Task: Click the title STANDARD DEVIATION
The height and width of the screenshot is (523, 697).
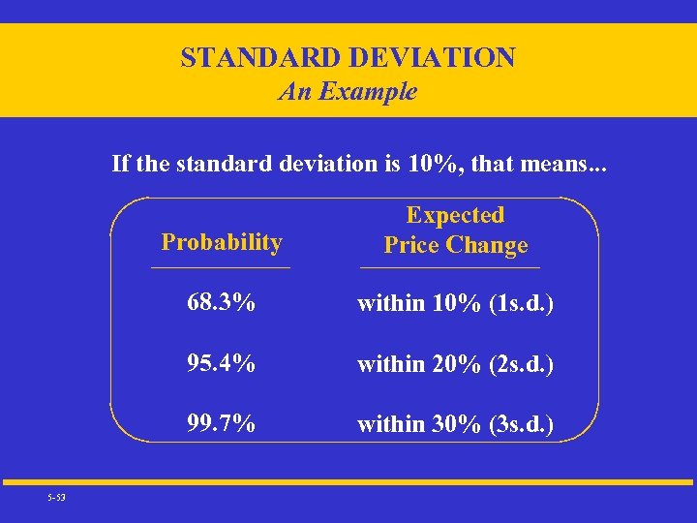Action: (x=348, y=58)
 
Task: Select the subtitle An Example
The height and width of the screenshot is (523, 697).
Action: (x=348, y=92)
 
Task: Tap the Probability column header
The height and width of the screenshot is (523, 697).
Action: (x=222, y=242)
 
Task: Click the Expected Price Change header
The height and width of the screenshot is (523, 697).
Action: (x=455, y=230)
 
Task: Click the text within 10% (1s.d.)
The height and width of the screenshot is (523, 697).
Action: (x=455, y=304)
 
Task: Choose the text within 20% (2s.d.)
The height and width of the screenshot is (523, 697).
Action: (x=455, y=365)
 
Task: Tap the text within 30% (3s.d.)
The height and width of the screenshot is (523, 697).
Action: (x=455, y=425)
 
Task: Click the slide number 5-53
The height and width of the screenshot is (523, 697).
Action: (x=55, y=498)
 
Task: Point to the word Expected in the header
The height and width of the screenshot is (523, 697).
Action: (x=455, y=215)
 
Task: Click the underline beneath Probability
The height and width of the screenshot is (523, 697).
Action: (x=221, y=267)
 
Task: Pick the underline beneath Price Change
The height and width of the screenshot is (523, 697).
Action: (x=450, y=267)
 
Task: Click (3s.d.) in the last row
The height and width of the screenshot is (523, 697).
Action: (x=522, y=425)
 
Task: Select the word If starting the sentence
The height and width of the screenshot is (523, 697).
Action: (x=121, y=163)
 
